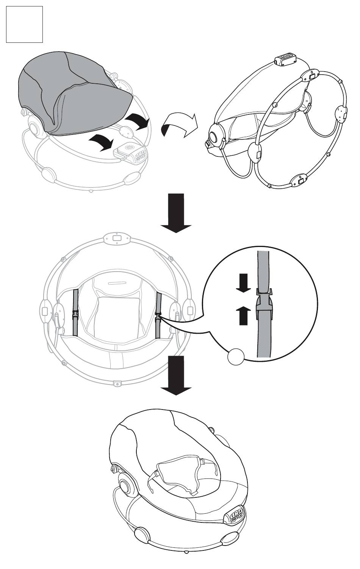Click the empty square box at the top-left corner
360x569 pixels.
24,24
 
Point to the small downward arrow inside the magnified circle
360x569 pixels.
243,283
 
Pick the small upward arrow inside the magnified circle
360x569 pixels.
243,315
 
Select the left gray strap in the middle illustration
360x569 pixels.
75,313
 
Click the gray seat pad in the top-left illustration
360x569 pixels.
72,95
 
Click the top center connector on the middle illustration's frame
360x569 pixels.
117,238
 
